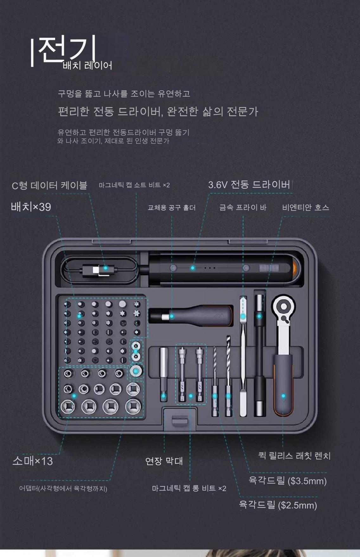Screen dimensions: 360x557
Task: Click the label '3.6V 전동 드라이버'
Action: (249, 185)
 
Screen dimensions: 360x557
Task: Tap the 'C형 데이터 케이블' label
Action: (49, 185)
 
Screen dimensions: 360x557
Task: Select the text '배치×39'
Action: (31, 207)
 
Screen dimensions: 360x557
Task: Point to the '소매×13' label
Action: (33, 461)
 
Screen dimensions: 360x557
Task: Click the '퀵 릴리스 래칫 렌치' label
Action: (294, 456)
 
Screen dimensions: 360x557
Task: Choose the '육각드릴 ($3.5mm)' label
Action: (288, 481)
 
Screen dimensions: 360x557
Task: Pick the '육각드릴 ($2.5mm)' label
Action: (278, 505)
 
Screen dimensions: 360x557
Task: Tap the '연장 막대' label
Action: (164, 461)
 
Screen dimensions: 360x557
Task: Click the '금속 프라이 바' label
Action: (243, 207)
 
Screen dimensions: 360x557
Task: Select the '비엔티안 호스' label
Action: (306, 207)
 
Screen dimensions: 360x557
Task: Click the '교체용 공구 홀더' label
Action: (172, 208)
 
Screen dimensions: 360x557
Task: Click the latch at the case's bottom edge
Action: (179, 421)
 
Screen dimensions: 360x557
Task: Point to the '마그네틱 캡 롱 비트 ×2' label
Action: (189, 488)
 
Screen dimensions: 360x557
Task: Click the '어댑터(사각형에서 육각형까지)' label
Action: (63, 489)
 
